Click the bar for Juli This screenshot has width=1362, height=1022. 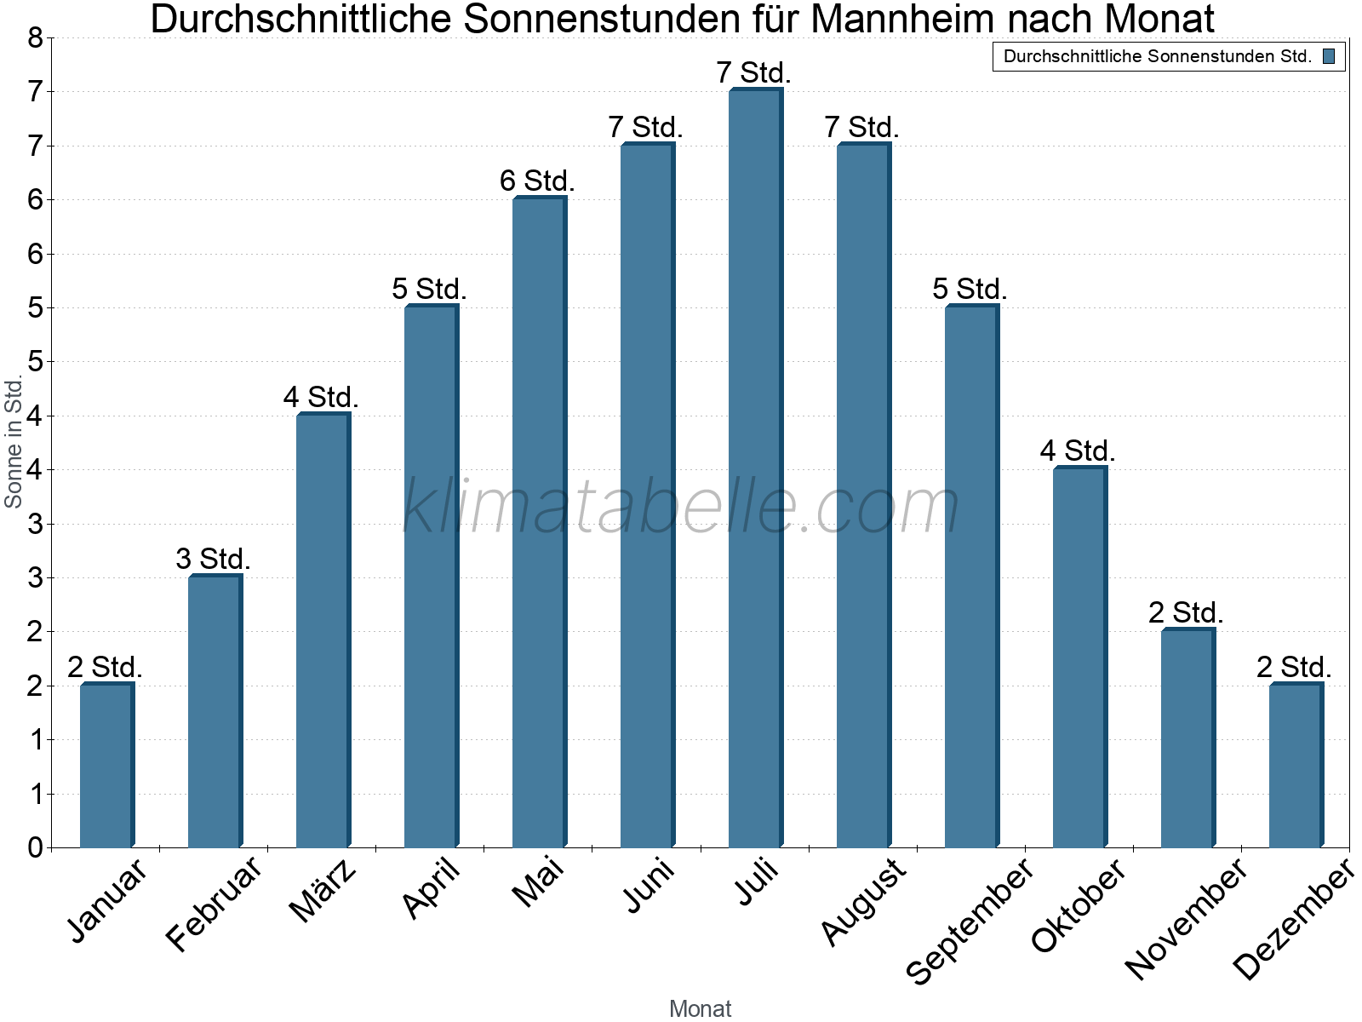click(x=755, y=468)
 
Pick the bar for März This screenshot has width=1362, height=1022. click(x=323, y=630)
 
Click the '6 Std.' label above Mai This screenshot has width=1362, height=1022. click(x=537, y=181)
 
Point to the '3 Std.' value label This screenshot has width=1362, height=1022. click(x=213, y=559)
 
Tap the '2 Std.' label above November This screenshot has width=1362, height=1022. click(x=1186, y=612)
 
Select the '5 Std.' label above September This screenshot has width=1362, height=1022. click(x=970, y=289)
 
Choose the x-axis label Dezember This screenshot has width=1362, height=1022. click(x=1293, y=920)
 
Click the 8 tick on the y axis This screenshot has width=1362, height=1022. click(x=35, y=37)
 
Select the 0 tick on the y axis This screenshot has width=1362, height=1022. click(x=35, y=847)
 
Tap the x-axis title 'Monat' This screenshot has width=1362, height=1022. click(x=700, y=1008)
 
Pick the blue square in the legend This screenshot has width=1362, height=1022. click(x=1328, y=57)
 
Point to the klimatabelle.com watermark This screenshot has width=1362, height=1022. click(x=681, y=507)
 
